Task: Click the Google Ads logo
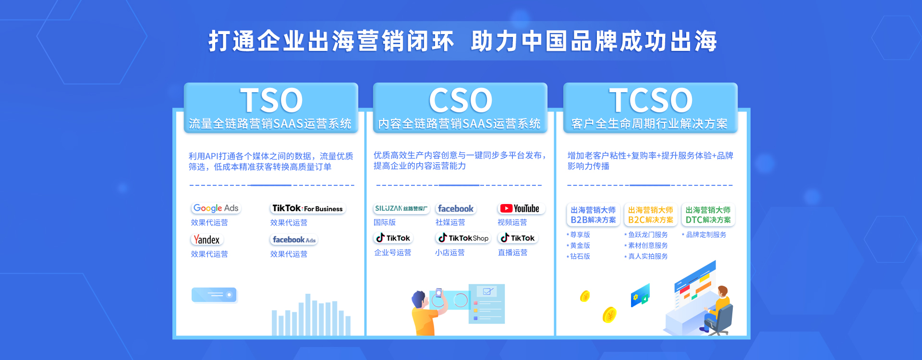[x=216, y=208]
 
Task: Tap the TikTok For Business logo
[x=307, y=208]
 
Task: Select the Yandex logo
[x=207, y=240]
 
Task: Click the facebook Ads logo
[x=294, y=240]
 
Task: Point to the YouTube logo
[x=521, y=208]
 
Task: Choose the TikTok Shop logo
[x=463, y=238]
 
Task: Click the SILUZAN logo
[x=401, y=208]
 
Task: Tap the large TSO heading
[x=271, y=100]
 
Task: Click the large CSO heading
[x=461, y=100]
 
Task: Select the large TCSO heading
[x=651, y=100]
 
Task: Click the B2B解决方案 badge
[x=593, y=215]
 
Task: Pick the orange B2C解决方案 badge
[x=651, y=215]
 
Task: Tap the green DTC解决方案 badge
[x=708, y=215]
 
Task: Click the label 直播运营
[x=512, y=252]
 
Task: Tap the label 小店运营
[x=450, y=252]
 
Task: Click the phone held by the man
[x=438, y=293]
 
